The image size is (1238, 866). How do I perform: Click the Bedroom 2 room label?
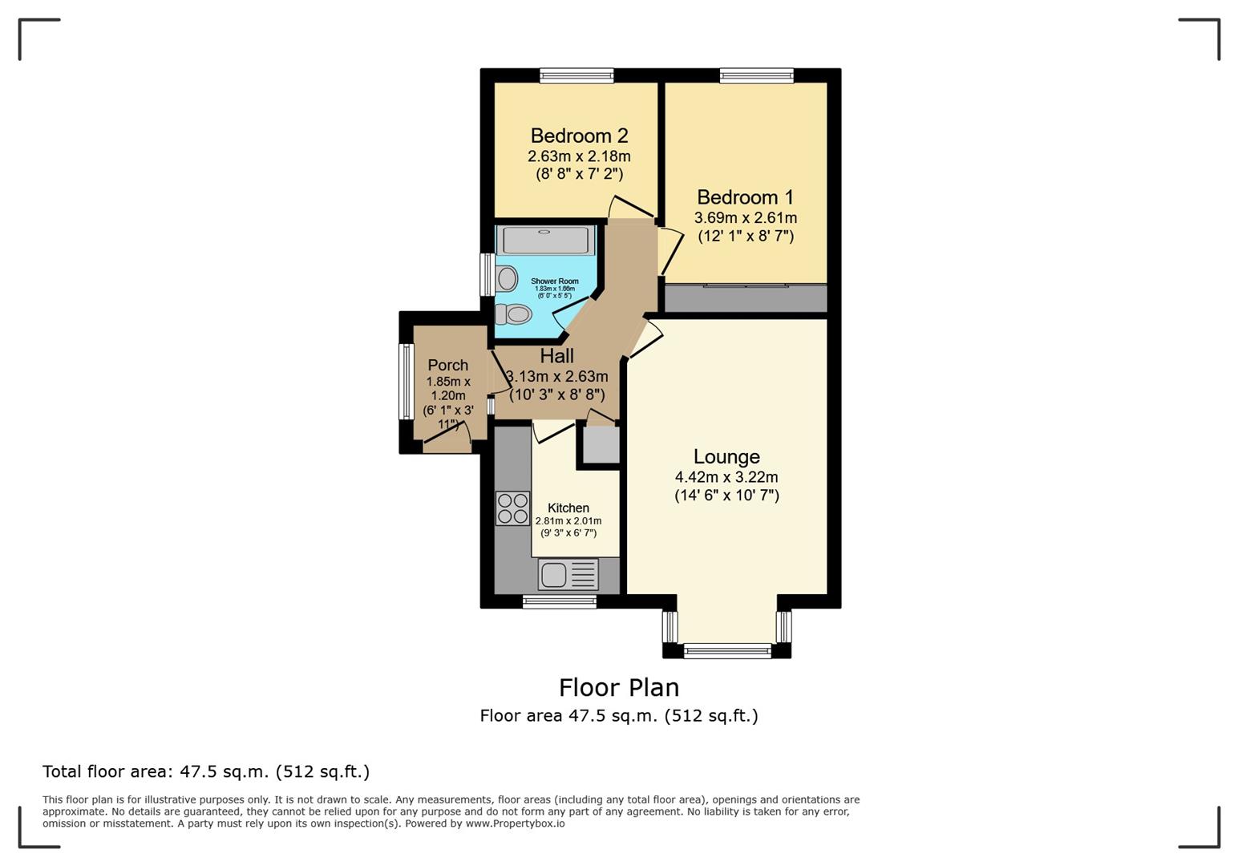point(579,136)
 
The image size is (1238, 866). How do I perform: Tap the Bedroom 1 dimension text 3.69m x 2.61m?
point(745,218)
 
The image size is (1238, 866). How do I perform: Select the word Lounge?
point(726,457)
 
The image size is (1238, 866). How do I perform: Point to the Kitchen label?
point(568,508)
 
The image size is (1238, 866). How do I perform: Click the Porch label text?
point(447,365)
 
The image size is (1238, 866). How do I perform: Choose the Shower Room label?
point(554,281)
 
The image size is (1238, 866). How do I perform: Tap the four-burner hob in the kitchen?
point(512,508)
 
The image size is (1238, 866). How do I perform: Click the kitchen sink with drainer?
point(568,575)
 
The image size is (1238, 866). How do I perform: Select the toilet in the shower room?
point(514,314)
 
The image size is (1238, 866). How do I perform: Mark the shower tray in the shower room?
point(545,241)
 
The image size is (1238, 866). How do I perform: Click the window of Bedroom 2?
point(577,76)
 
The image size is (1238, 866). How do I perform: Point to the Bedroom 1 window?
point(756,76)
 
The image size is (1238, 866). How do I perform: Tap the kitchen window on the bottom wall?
point(559,601)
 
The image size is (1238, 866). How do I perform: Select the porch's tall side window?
point(407,382)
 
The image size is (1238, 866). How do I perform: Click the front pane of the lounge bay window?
point(727,650)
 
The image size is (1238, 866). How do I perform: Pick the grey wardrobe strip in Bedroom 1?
point(746,299)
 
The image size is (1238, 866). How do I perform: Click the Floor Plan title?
point(618,688)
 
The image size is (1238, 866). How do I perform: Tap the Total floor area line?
point(206,772)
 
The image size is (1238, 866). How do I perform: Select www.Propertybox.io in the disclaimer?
point(515,824)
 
